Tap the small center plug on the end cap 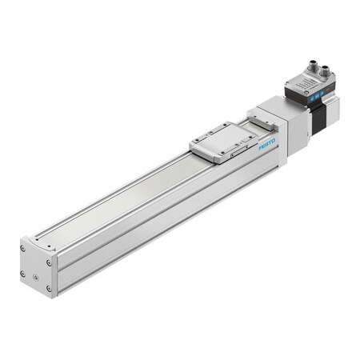coord(37,266)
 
